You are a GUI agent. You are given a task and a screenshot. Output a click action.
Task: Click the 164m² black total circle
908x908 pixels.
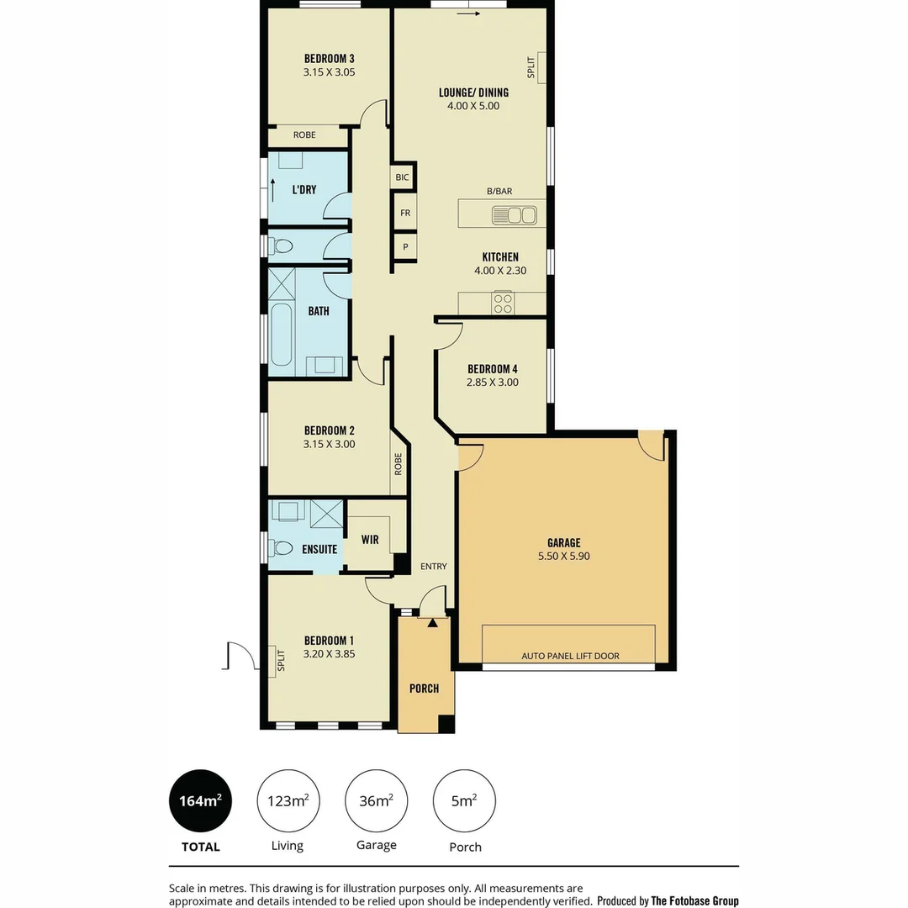[200, 801]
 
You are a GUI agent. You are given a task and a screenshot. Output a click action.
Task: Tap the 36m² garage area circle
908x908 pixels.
[377, 801]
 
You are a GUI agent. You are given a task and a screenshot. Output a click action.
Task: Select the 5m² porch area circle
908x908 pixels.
[464, 801]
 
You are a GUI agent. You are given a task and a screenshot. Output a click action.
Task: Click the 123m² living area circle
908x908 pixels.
[288, 801]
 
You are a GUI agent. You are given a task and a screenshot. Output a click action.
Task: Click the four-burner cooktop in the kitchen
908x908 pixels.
[503, 303]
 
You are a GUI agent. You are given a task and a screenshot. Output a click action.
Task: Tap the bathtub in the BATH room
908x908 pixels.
[282, 335]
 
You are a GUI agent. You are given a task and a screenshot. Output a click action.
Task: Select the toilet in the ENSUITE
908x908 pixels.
[282, 548]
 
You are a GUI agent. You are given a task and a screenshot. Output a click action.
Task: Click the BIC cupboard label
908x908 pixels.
[403, 177]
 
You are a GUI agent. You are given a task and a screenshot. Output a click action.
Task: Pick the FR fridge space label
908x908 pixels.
[404, 213]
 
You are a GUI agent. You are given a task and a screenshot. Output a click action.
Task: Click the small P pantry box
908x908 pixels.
[404, 247]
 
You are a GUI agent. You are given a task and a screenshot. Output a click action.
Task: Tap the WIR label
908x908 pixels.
[370, 540]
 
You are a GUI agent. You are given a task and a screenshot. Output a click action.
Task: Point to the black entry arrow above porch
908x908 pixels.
[432, 623]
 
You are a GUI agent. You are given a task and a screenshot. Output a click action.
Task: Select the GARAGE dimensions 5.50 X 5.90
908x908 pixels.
[564, 557]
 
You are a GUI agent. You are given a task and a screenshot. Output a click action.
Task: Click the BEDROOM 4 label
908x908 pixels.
[492, 368]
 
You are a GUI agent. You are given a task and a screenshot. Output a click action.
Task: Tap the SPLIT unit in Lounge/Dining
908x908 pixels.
[541, 68]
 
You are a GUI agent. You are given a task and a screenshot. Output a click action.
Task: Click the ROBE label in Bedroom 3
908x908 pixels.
[304, 135]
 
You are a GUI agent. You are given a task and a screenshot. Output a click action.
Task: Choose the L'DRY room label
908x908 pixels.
[304, 190]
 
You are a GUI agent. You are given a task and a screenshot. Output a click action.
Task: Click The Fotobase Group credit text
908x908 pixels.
[694, 900]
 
